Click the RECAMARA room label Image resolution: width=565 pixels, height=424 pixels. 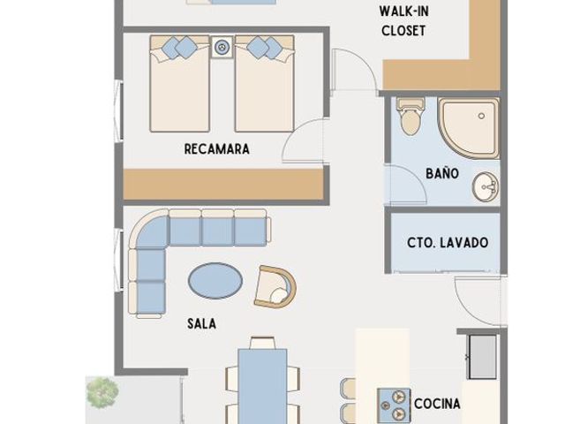click(x=217, y=149)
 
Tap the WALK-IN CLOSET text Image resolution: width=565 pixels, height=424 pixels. click(x=403, y=21)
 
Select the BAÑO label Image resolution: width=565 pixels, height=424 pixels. click(x=442, y=173)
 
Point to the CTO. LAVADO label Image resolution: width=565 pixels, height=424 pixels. click(x=448, y=242)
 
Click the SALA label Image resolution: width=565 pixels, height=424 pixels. click(x=202, y=323)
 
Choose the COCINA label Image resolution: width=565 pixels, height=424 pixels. click(x=437, y=404)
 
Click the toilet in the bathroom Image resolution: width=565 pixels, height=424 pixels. click(x=410, y=116)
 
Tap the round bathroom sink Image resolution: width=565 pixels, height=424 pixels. click(x=486, y=186)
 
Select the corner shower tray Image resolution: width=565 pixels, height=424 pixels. click(x=469, y=128)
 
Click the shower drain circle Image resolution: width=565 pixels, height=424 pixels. click(x=481, y=116)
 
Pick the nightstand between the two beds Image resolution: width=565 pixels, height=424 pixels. click(x=222, y=47)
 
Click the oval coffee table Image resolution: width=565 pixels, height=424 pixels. click(x=215, y=281)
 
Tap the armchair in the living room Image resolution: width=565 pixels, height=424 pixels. click(x=275, y=287)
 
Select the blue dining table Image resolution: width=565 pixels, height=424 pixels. click(x=263, y=386)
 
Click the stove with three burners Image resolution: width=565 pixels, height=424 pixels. click(x=394, y=405)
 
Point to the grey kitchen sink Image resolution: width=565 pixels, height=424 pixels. click(x=482, y=357)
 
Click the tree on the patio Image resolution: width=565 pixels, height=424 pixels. click(x=102, y=392)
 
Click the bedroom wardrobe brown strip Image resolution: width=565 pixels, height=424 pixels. click(x=223, y=184)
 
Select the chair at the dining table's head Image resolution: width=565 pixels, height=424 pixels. click(x=263, y=343)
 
